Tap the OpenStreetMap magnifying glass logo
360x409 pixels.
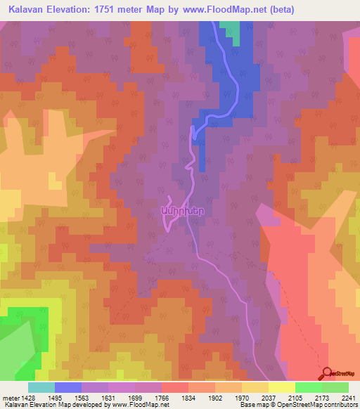pyautogui.click(x=325, y=373)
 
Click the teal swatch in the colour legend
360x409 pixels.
pyautogui.click(x=41, y=387)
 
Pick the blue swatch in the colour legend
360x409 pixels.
pyautogui.click(x=68, y=387)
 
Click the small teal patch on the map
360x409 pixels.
pyautogui.click(x=230, y=28)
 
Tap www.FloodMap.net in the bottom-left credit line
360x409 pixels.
pyautogui.click(x=129, y=404)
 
